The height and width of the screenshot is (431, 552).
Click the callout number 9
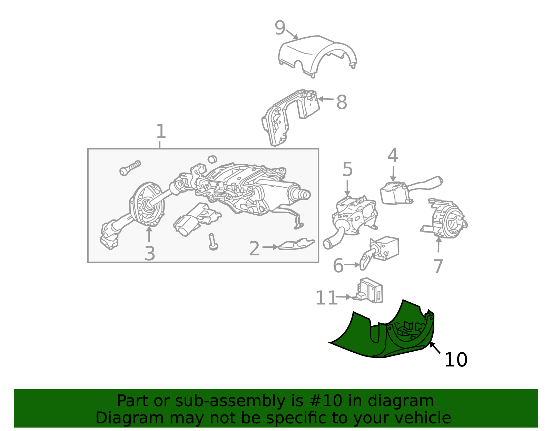pos(280,28)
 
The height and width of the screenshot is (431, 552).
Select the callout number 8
pos(342,102)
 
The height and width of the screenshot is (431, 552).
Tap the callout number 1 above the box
pos(161,131)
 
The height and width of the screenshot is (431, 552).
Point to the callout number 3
pos(150,254)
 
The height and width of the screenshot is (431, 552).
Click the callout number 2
pos(254,249)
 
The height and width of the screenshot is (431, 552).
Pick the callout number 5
pos(347,169)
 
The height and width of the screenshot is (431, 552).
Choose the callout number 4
pos(393,155)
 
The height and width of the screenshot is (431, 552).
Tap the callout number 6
pos(338,266)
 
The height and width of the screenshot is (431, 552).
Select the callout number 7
pos(438,266)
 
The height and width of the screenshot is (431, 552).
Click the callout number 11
pos(326,298)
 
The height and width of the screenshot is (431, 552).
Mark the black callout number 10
pos(456,360)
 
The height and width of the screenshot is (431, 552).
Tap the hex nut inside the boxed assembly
pos(212,159)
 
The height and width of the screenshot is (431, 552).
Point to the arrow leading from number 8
pos(326,99)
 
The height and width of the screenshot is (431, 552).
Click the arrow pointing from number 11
pos(344,297)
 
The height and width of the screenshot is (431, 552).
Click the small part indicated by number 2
pos(297,244)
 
